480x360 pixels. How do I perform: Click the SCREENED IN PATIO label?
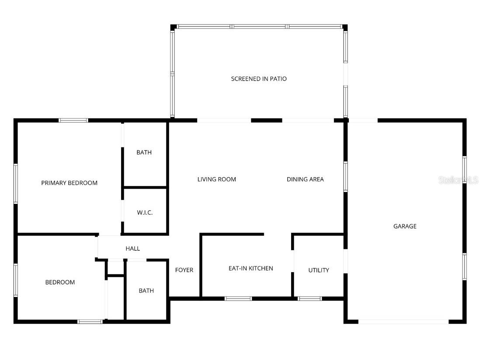(259, 79)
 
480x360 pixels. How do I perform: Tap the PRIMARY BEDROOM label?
(69, 183)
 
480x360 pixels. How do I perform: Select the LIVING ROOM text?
(216, 179)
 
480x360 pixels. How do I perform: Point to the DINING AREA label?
(305, 179)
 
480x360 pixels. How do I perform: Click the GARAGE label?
(405, 226)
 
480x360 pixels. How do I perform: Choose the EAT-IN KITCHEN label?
(251, 268)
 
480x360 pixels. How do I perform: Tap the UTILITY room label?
(319, 270)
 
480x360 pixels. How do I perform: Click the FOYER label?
(184, 270)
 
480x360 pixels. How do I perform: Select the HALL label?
(133, 248)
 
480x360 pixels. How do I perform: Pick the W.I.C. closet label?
(145, 213)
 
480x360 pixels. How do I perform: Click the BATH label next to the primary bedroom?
(144, 152)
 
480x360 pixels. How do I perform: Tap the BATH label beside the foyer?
(146, 290)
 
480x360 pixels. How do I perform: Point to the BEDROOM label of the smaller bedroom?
(60, 282)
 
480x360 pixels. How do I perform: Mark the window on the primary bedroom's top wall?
(73, 120)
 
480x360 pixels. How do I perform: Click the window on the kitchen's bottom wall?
(238, 299)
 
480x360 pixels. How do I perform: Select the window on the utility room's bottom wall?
(310, 299)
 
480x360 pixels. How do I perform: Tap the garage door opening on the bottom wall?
(403, 322)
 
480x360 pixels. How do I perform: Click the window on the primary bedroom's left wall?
(16, 184)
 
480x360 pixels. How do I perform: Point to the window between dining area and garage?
(345, 177)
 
